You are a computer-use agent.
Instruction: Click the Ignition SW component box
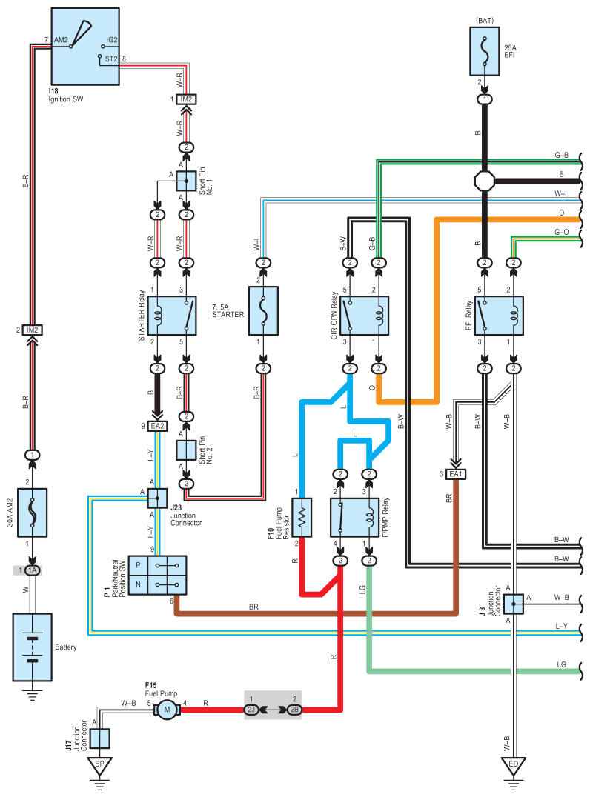pyautogui.click(x=84, y=46)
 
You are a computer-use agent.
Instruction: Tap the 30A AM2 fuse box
pyautogui.click(x=33, y=512)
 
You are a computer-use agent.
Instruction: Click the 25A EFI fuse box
pyautogui.click(x=485, y=51)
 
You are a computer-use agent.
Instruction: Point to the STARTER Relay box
pyautogui.click(x=172, y=316)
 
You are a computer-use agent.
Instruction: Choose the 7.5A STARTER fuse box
pyautogui.click(x=262, y=311)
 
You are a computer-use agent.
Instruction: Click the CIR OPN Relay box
pyautogui.click(x=364, y=316)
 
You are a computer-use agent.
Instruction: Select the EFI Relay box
pyautogui.click(x=499, y=316)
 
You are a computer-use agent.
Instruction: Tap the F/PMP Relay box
pyautogui.click(x=354, y=517)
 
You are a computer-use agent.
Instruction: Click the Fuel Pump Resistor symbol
pyautogui.click(x=302, y=517)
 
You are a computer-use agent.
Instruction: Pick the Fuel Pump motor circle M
pyautogui.click(x=168, y=710)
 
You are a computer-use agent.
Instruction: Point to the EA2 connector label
pyautogui.click(x=158, y=426)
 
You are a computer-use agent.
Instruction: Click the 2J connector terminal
pyautogui.click(x=252, y=710)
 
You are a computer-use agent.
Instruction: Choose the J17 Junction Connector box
pyautogui.click(x=99, y=738)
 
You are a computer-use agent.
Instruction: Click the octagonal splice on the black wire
pyautogui.click(x=484, y=180)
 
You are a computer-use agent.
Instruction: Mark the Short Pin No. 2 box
pyautogui.click(x=186, y=450)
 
